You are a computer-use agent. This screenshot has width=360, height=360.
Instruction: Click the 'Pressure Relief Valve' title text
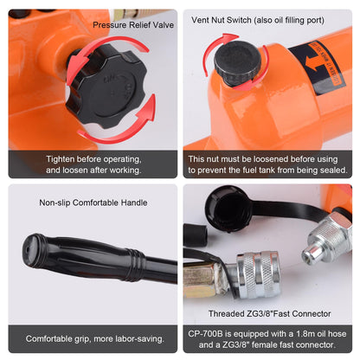click(x=133, y=25)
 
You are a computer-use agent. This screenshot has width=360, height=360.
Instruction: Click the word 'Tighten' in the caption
click(x=61, y=159)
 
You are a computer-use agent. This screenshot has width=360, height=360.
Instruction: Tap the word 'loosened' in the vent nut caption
click(x=271, y=159)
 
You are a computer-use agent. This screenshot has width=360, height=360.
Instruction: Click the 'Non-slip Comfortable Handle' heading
click(x=93, y=202)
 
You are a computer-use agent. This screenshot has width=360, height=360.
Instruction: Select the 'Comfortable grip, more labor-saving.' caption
click(x=94, y=338)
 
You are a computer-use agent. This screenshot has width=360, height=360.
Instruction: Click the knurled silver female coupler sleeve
click(x=258, y=273)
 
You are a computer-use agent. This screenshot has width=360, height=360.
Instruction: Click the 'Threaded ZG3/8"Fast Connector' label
click(x=269, y=313)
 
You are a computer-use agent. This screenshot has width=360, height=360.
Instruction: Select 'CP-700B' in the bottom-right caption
click(x=205, y=334)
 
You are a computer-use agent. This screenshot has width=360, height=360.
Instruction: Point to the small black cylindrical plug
click(x=195, y=235)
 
